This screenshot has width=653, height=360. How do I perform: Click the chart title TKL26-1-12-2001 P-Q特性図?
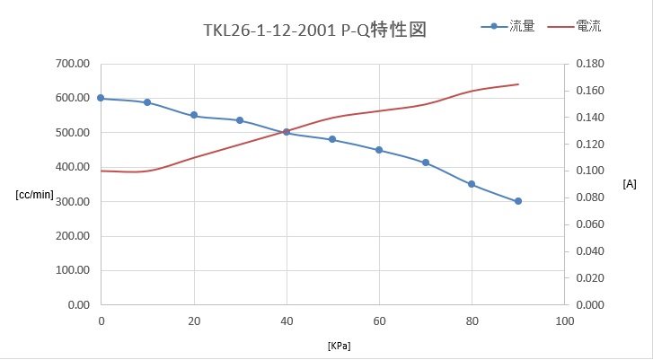[313, 30]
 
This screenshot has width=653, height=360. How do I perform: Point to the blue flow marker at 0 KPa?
[101, 98]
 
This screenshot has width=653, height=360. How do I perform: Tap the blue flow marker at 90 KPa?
[518, 201]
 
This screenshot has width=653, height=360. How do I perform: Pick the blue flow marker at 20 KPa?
[194, 115]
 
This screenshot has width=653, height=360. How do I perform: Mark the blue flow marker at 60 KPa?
[379, 150]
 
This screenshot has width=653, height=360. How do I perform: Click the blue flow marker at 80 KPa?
[472, 184]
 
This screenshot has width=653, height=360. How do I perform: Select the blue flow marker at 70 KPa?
[426, 162]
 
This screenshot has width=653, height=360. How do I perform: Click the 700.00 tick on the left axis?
[71, 64]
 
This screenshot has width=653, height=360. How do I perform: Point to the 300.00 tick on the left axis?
[71, 202]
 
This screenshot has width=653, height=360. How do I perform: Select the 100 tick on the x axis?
[564, 320]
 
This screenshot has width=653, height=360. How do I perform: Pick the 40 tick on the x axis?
[287, 320]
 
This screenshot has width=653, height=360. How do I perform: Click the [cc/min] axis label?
[35, 194]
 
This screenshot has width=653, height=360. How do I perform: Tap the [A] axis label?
[630, 184]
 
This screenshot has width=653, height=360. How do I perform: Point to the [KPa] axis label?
[340, 345]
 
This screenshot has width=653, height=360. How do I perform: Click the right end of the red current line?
[518, 84]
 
